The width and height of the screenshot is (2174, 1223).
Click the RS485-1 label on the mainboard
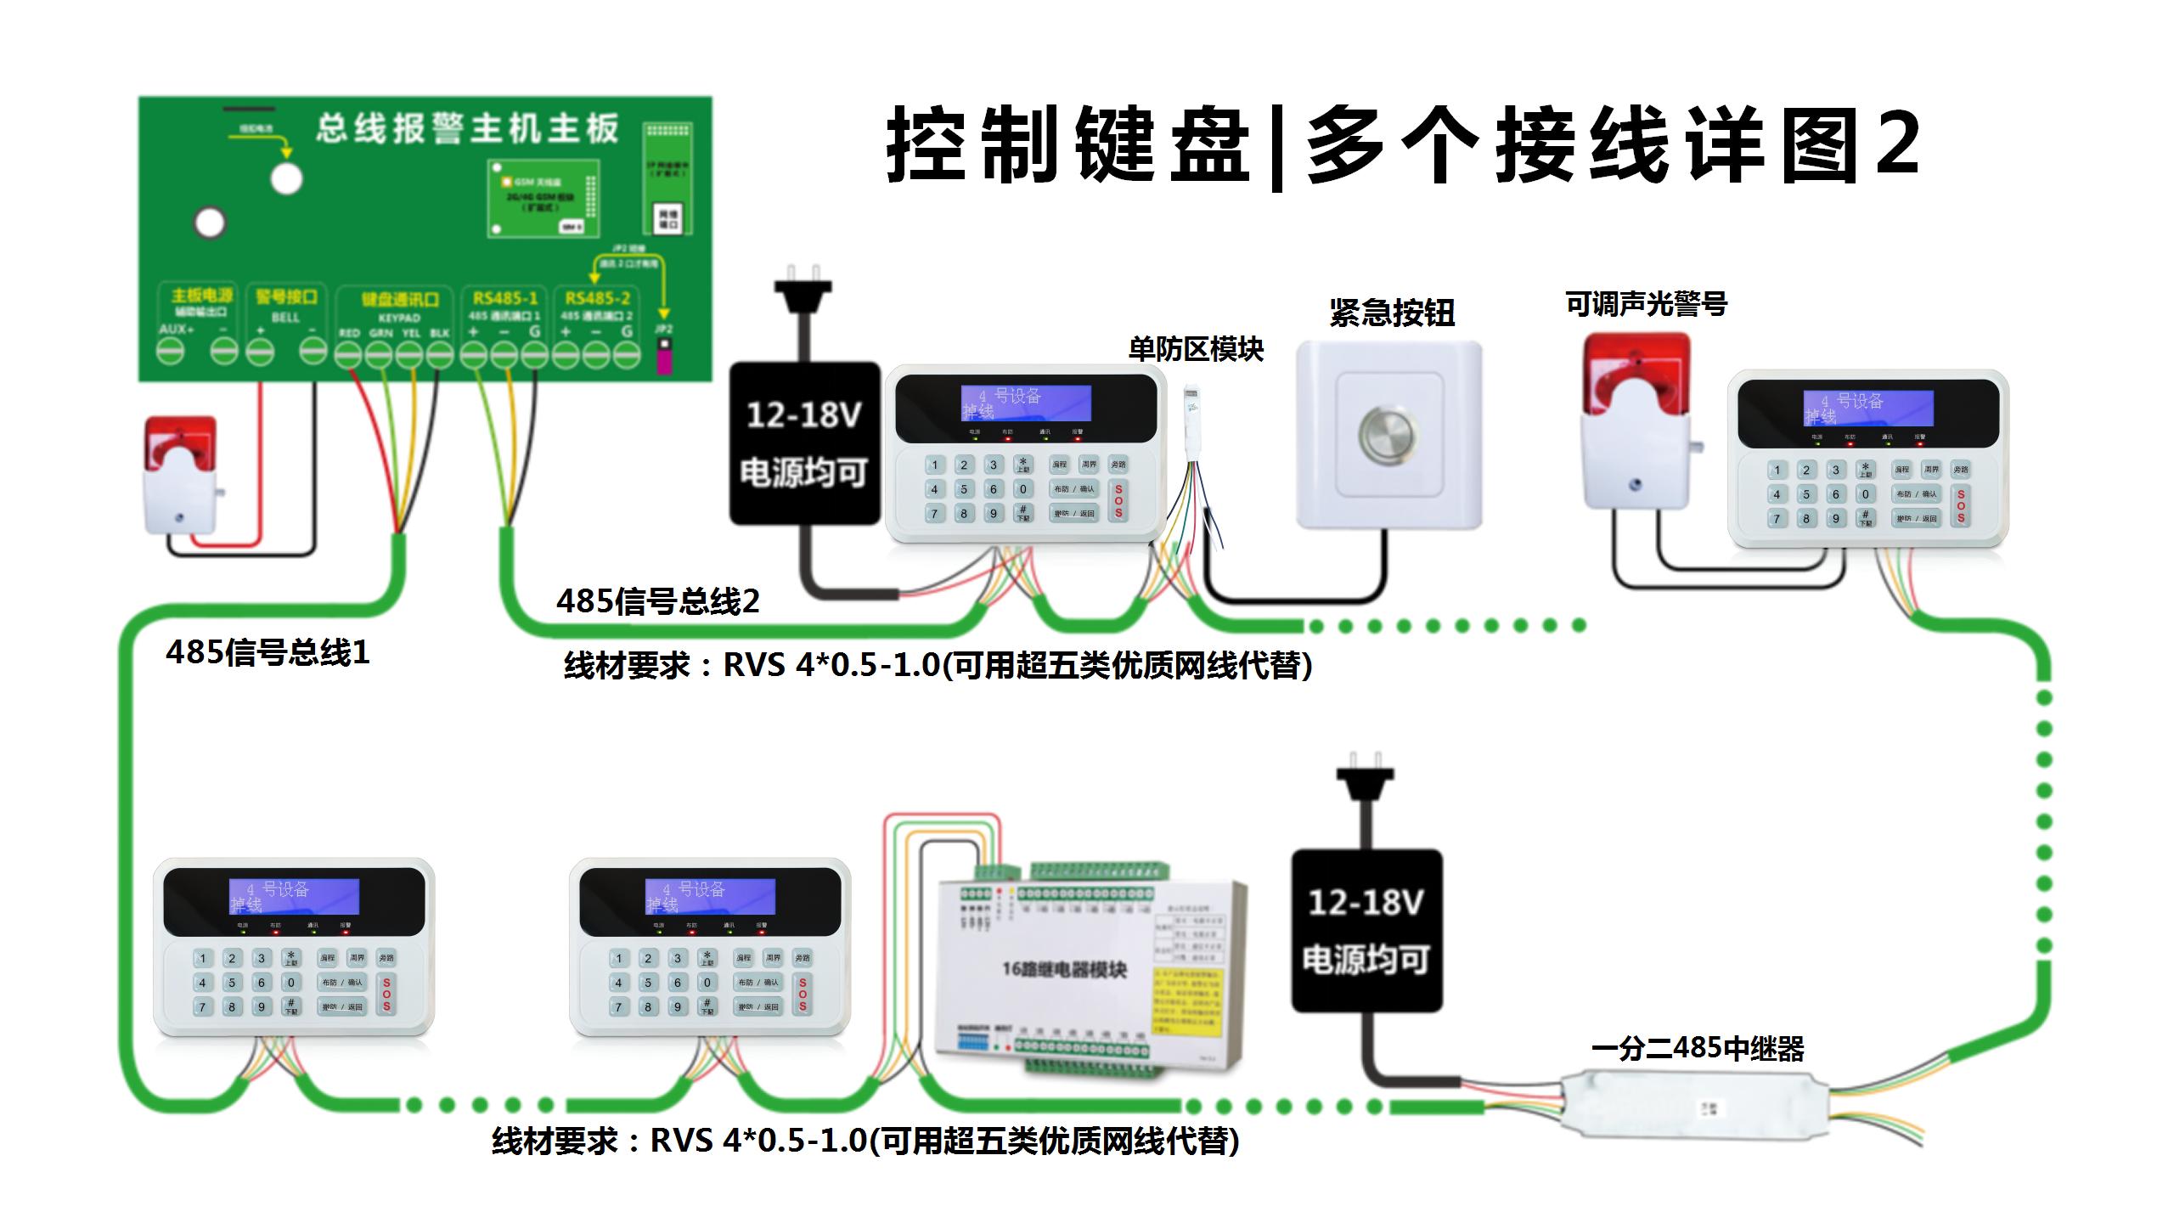[505, 298]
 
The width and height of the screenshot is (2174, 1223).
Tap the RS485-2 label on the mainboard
[598, 298]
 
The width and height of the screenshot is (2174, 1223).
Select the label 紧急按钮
[1392, 313]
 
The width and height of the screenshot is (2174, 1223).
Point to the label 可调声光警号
[1646, 303]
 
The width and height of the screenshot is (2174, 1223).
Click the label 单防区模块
[1196, 349]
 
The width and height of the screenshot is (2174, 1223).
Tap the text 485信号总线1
[268, 652]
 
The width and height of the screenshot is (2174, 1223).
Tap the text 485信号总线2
[658, 601]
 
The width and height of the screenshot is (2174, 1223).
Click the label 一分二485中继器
[1697, 1049]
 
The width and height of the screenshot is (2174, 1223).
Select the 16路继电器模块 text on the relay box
[1064, 969]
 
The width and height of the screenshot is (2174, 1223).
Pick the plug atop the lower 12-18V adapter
[1365, 772]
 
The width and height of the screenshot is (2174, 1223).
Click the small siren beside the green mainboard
[181, 476]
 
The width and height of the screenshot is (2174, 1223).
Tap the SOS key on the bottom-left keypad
[386, 994]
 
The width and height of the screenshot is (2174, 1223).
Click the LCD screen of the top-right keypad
[1868, 409]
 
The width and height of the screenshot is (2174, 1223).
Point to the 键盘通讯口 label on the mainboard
[400, 300]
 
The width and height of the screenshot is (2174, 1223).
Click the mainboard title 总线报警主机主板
[468, 129]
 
